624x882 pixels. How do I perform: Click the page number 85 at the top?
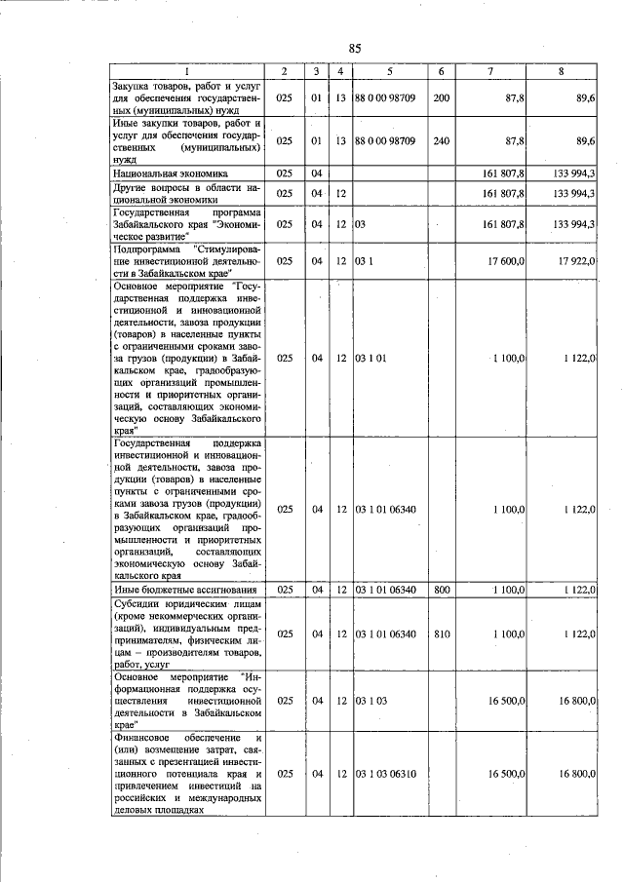click(355, 49)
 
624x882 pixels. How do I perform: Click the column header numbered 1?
click(187, 71)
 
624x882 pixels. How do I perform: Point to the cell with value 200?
click(441, 98)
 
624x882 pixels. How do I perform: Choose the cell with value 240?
click(441, 140)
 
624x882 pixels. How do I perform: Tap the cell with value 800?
click(441, 590)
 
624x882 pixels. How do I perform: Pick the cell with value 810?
click(441, 633)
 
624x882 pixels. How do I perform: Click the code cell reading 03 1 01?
click(371, 359)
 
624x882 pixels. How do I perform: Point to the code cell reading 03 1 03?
click(371, 700)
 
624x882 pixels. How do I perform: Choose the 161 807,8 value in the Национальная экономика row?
click(504, 173)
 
